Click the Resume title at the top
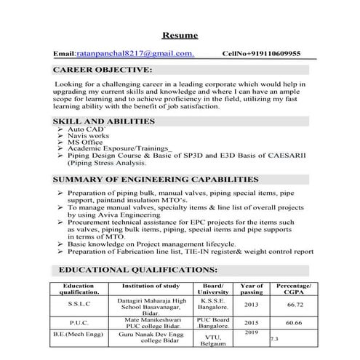pos(180,35)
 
